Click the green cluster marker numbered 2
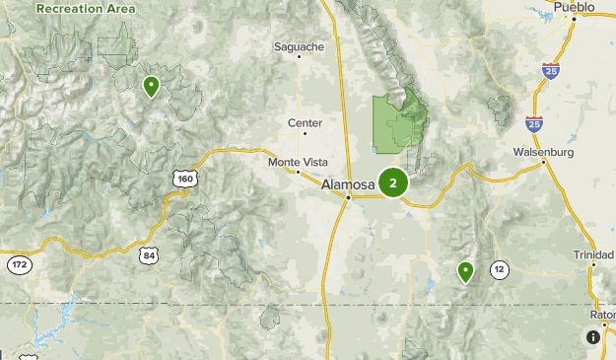pos(393,182)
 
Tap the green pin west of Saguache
pos(151,87)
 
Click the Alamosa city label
pos(348,184)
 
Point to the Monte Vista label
pos(296,161)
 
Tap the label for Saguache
pos(299,45)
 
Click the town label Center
pos(305,122)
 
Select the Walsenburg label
pos(543,152)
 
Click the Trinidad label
pos(593,253)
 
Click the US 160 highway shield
pos(184,179)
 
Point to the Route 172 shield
pos(19,264)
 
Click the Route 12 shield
pos(500,268)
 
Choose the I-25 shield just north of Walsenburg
pos(533,123)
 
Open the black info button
pos(593,337)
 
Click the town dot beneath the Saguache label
pos(299,57)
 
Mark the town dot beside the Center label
pos(305,133)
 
